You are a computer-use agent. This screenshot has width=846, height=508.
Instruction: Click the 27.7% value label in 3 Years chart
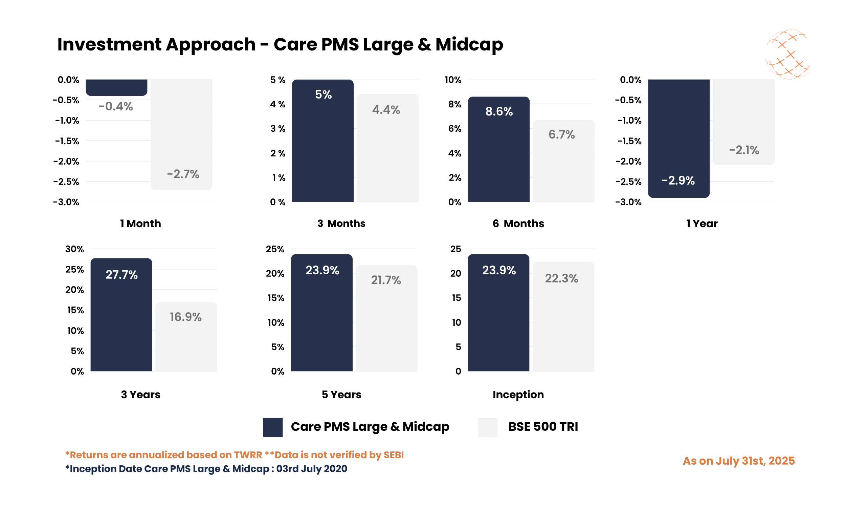tap(121, 275)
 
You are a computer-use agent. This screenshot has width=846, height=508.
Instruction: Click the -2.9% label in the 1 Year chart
tap(678, 181)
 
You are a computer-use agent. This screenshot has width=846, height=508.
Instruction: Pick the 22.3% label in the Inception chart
tap(561, 278)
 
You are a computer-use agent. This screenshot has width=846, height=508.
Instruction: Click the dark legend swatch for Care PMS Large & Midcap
tap(272, 427)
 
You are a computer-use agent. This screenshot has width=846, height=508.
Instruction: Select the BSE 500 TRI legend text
tap(543, 426)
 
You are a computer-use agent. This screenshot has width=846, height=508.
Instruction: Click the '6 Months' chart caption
tap(518, 224)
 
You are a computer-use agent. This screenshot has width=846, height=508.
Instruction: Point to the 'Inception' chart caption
tap(518, 394)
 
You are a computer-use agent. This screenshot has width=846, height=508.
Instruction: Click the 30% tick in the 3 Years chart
tap(74, 249)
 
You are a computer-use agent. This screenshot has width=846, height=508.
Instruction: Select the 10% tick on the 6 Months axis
tap(453, 80)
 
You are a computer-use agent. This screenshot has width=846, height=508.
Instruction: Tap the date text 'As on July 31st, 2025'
tap(739, 461)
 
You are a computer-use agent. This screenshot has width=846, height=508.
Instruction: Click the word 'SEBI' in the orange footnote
tap(394, 455)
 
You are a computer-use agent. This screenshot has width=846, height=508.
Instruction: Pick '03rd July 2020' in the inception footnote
tap(312, 469)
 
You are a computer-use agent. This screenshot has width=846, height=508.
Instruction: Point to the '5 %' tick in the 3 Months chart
tap(278, 80)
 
